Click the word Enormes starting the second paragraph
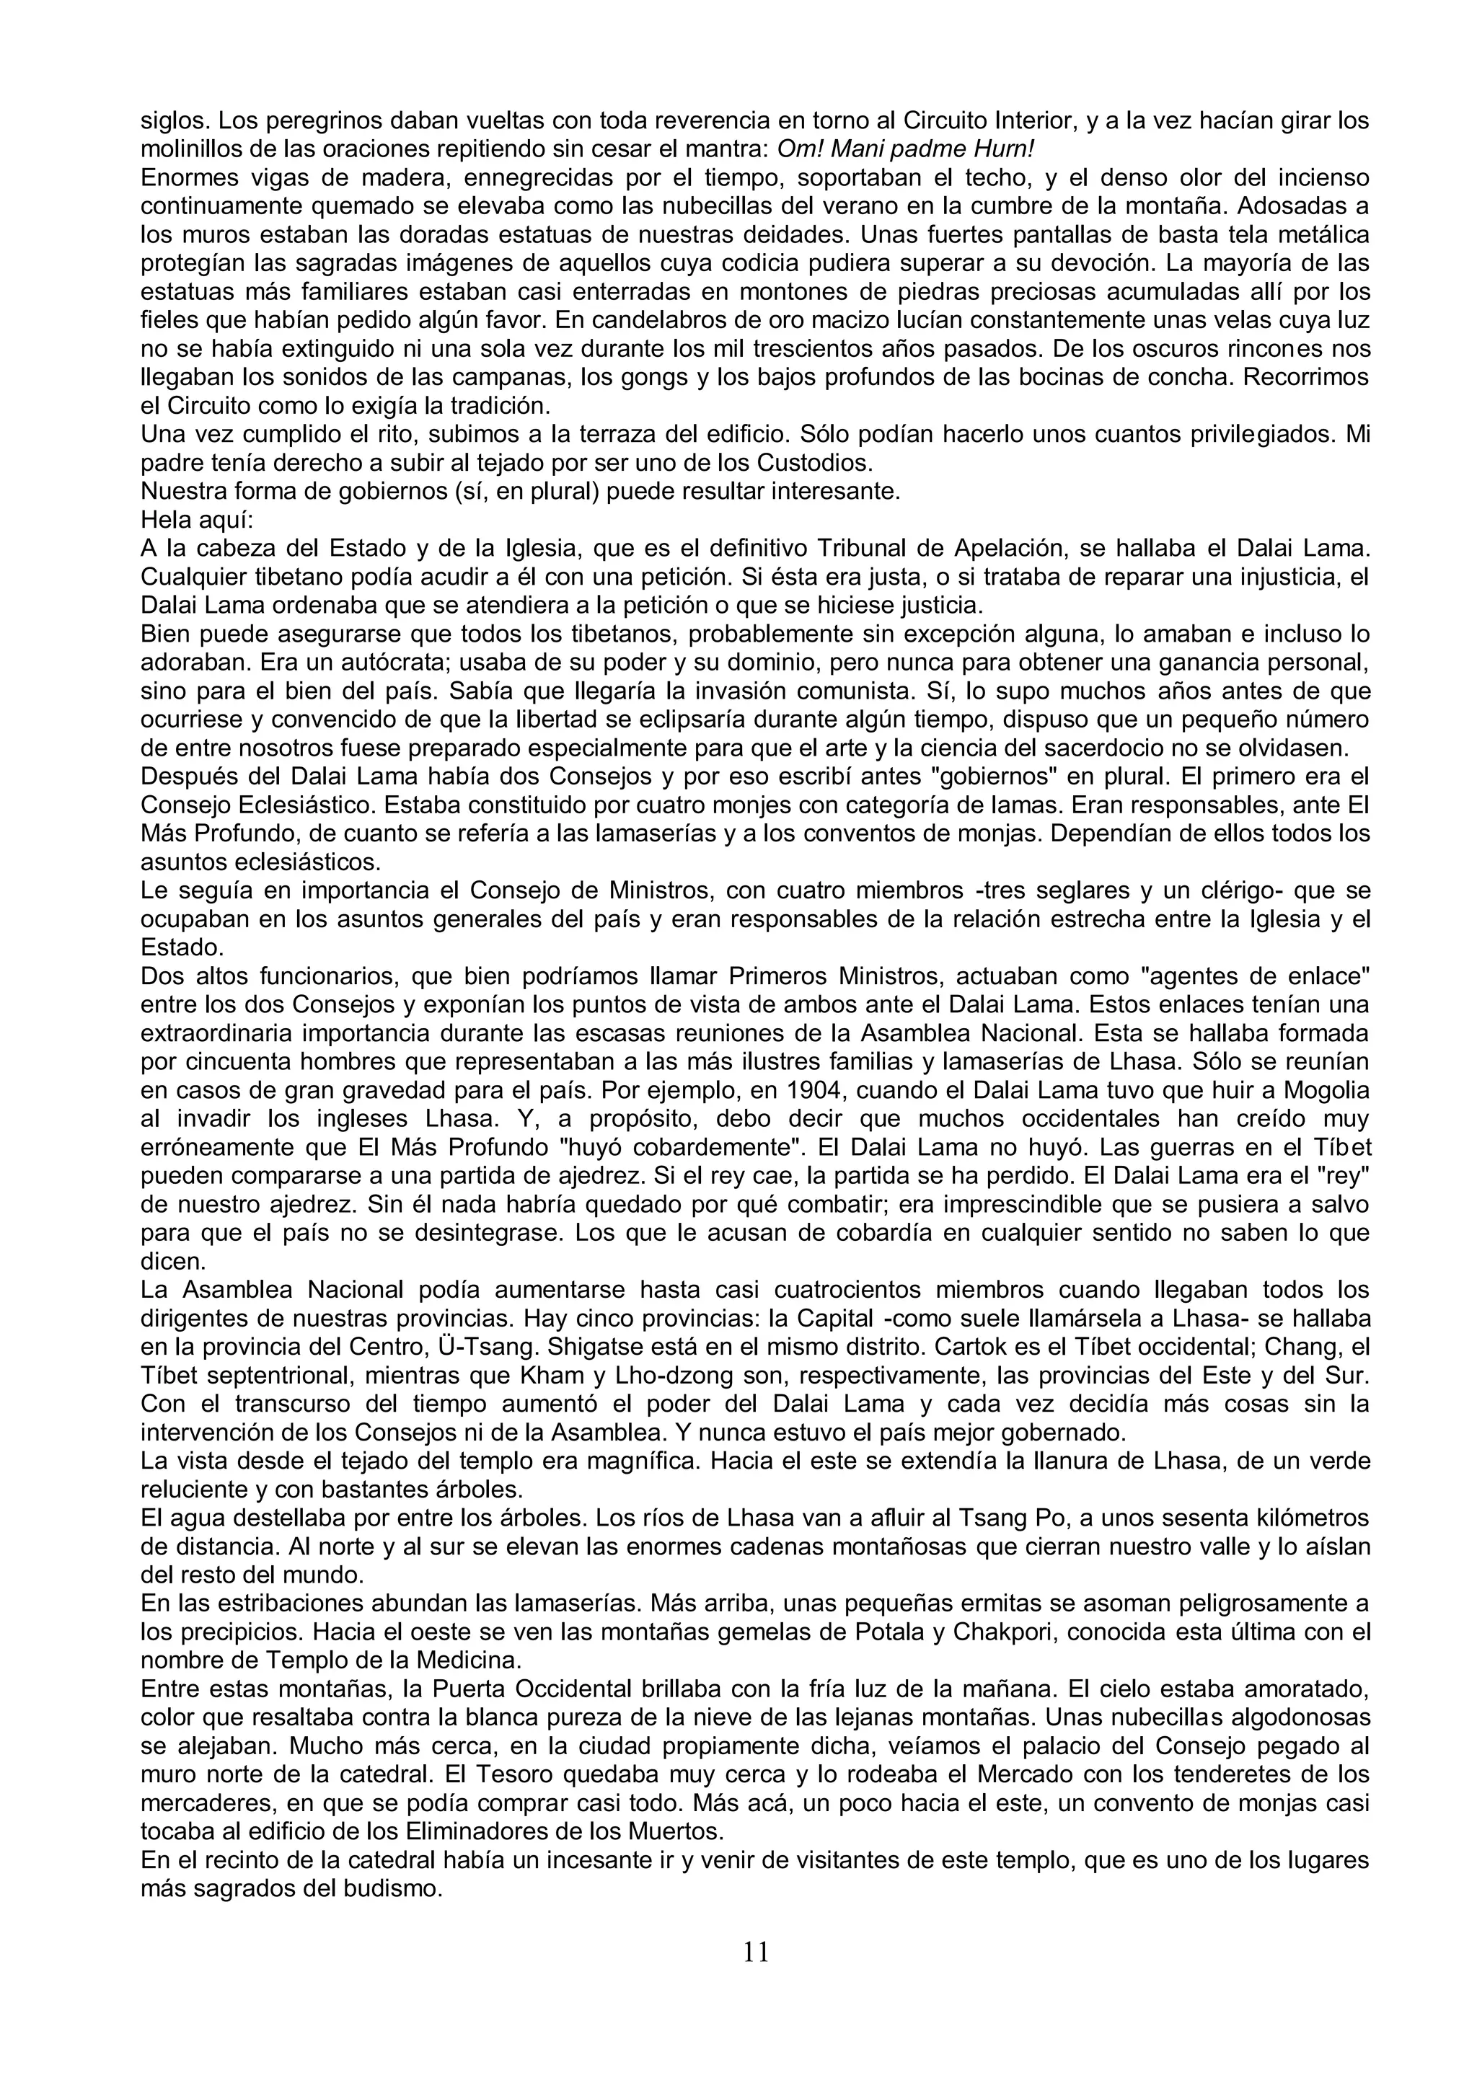click(185, 177)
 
